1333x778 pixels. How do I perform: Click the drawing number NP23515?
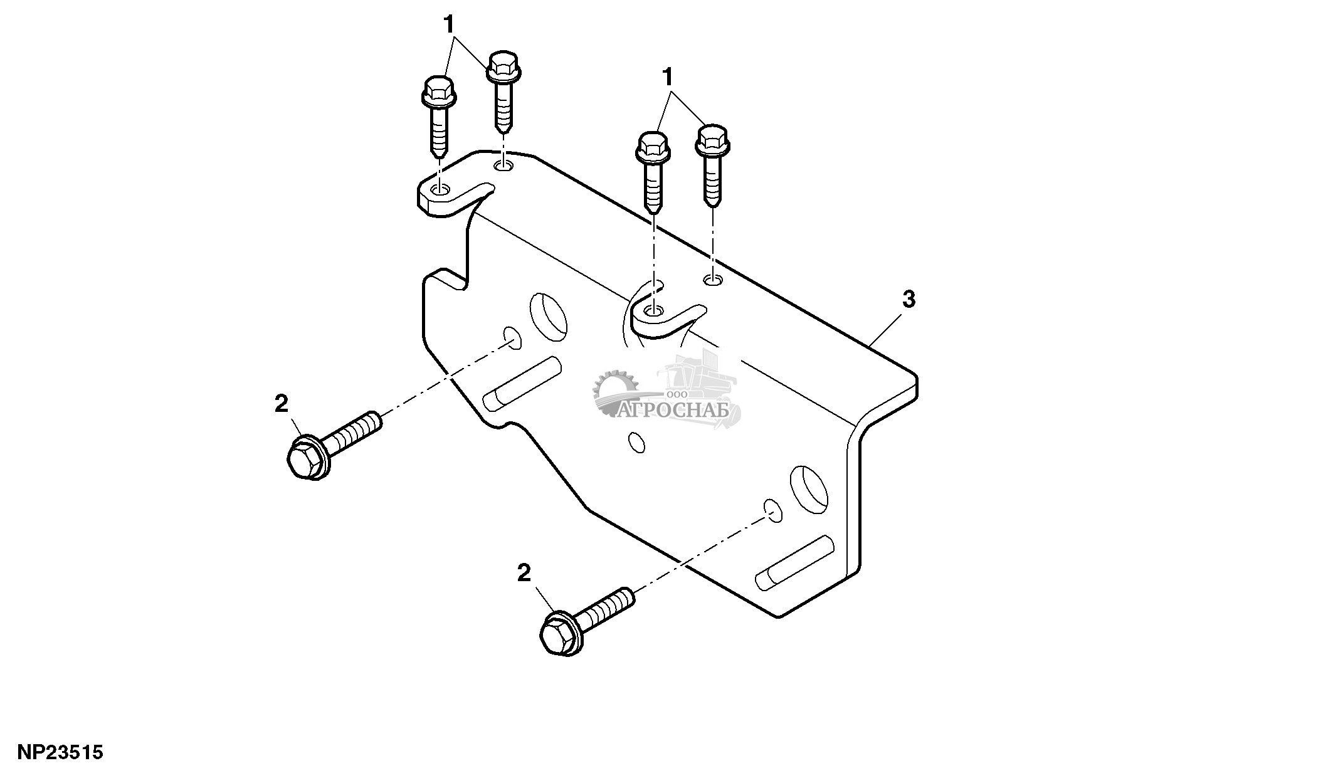[60, 752]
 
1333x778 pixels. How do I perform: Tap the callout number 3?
[909, 300]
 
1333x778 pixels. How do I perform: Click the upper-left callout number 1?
[449, 24]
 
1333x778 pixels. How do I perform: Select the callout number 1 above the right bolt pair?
[668, 78]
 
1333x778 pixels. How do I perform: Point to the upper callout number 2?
[282, 403]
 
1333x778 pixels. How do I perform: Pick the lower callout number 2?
[524, 573]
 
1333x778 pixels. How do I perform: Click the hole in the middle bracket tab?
[654, 310]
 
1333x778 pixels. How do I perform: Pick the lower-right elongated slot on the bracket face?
[794, 563]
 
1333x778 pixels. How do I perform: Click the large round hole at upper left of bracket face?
[548, 315]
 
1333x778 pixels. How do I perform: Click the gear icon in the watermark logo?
[615, 392]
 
